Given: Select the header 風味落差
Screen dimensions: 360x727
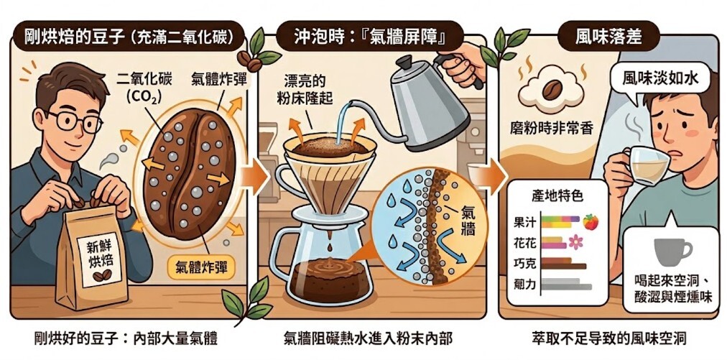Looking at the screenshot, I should tap(608, 37).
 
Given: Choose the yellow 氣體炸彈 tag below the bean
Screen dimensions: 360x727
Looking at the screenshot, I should tap(205, 269).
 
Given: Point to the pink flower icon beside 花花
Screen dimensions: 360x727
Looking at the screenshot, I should tap(575, 242).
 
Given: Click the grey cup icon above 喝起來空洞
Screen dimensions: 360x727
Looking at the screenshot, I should tap(671, 251).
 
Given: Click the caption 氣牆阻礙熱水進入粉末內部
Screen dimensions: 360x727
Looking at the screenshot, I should tap(368, 337).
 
